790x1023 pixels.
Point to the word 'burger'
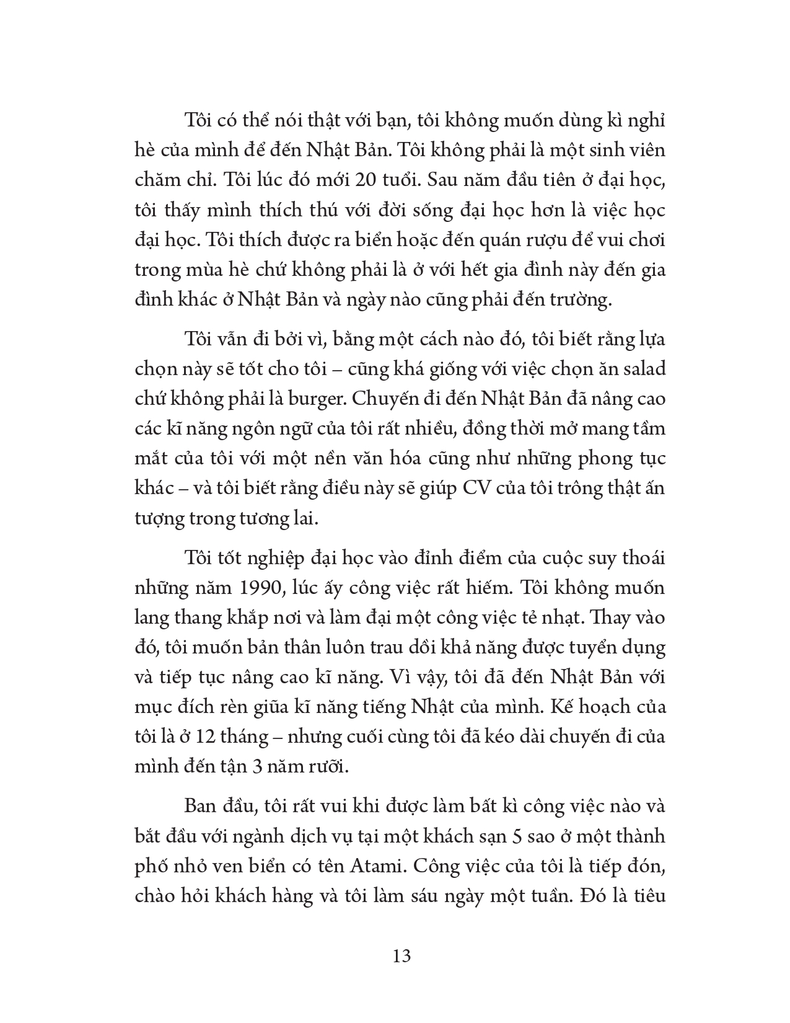317,399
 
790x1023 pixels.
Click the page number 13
402,955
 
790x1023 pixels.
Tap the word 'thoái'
641,557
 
